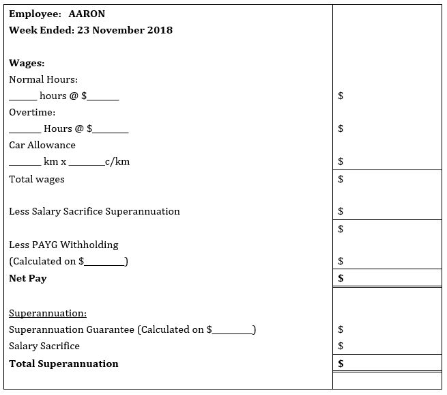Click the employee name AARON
click(87, 14)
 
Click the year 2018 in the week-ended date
click(158, 30)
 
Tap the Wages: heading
click(27, 63)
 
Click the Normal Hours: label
click(43, 79)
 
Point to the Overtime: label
click(32, 112)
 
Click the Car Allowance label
click(42, 145)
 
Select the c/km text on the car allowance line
click(117, 162)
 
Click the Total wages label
click(37, 179)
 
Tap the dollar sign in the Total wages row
click(341, 179)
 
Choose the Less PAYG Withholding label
click(63, 245)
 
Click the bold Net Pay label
click(28, 278)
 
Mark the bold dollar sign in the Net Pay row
click(341, 278)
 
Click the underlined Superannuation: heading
click(48, 313)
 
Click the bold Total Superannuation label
click(63, 364)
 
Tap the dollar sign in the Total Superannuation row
click(341, 364)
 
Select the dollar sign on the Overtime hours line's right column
click(341, 128)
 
